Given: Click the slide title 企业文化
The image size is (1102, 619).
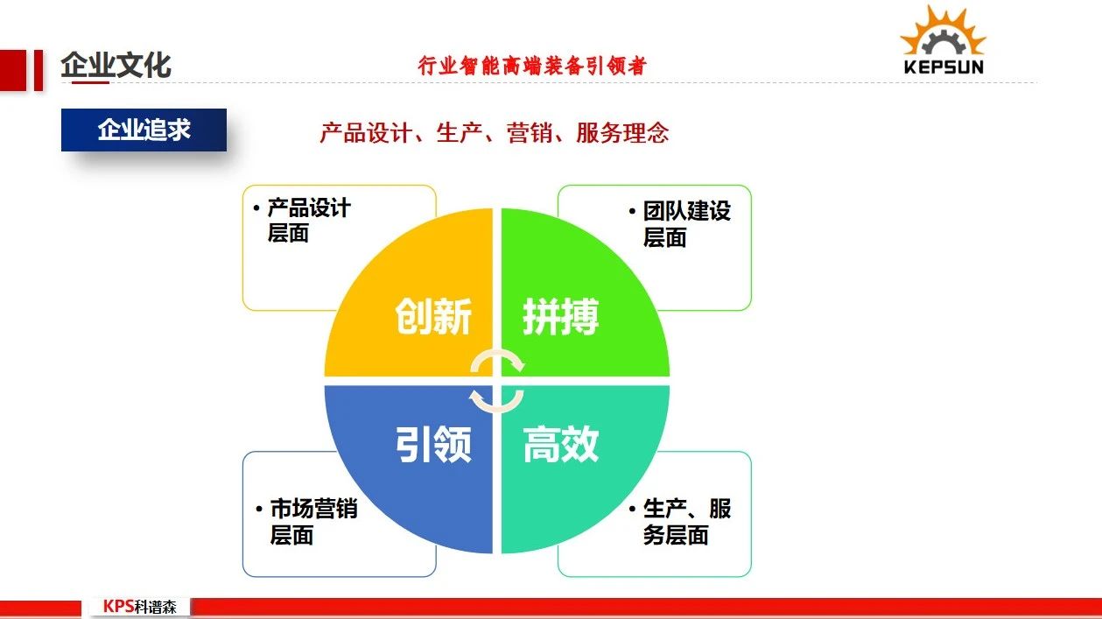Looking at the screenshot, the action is [x=116, y=65].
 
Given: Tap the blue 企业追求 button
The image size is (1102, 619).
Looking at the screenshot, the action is [x=144, y=130].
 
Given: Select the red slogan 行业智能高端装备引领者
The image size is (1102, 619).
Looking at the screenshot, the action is [x=532, y=66].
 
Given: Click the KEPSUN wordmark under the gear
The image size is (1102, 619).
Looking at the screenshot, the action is [x=944, y=67].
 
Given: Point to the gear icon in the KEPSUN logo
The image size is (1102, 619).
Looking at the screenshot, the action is [x=943, y=42].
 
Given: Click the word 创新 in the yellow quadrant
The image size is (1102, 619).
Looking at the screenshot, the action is [x=433, y=316].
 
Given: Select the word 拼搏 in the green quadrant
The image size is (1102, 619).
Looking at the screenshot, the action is [x=561, y=316].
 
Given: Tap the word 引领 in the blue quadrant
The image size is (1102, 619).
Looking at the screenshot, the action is [x=433, y=444].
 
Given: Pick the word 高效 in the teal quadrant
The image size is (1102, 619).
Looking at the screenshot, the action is [x=561, y=444].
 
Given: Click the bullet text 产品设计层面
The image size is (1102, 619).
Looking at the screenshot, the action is [x=309, y=221].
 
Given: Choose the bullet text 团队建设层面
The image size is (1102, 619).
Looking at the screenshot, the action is [x=687, y=224].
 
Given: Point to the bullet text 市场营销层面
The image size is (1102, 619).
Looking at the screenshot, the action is [x=314, y=522].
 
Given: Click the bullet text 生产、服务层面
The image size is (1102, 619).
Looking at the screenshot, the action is [x=687, y=522].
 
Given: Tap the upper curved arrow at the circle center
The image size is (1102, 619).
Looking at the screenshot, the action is [x=497, y=354].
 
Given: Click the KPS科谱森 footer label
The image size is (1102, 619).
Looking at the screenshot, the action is [x=140, y=606].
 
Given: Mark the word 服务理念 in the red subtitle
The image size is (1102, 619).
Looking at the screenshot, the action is [x=622, y=133].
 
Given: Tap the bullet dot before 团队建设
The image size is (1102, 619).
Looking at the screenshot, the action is [x=632, y=212].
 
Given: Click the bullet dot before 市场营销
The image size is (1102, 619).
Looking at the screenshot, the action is [x=259, y=509].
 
